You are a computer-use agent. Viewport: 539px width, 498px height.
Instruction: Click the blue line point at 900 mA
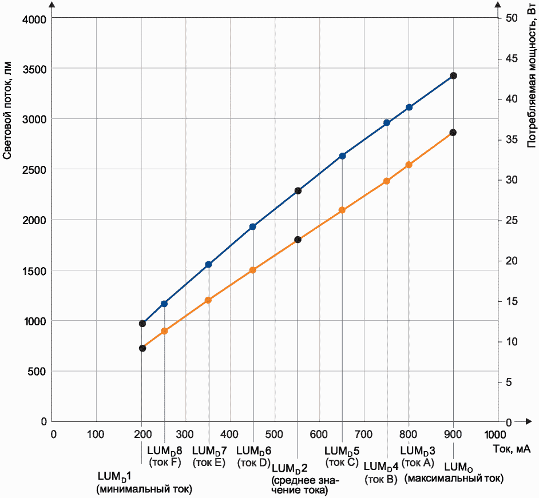tap(453, 75)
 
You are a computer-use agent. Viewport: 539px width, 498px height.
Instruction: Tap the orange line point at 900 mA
tap(453, 133)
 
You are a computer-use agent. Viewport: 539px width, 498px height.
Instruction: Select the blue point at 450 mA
tap(253, 227)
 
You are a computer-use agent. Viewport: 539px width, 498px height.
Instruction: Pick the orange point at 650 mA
tap(342, 210)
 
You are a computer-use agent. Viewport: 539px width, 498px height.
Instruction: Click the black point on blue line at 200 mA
tap(142, 324)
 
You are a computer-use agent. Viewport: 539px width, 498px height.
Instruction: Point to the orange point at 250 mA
tap(164, 331)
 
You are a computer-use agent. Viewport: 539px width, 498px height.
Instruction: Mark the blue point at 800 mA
tap(409, 107)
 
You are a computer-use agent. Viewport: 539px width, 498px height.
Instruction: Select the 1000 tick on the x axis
tap(497, 433)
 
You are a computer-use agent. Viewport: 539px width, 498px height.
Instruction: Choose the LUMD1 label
tap(115, 476)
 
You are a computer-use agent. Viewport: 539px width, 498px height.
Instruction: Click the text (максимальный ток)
tap(454, 479)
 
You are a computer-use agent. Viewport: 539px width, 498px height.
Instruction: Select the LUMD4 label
tap(381, 467)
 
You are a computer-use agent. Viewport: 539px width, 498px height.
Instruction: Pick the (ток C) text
tap(342, 463)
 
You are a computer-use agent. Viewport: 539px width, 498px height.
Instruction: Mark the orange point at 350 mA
tap(208, 300)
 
